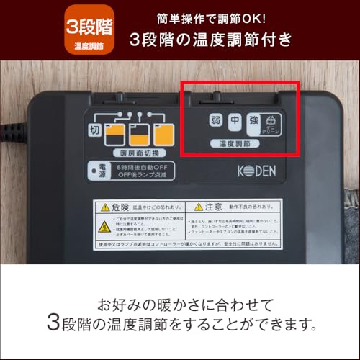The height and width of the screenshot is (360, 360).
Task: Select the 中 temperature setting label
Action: coord(235,122)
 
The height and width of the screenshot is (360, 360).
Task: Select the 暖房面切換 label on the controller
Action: coord(143,153)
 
